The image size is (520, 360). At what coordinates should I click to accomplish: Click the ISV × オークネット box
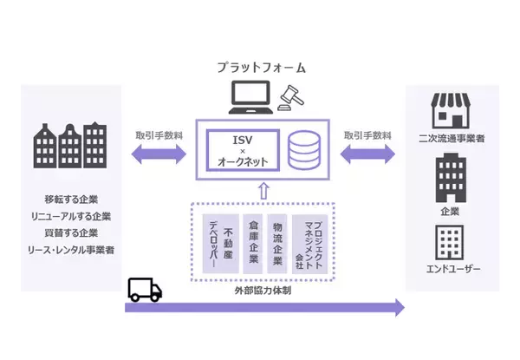coord(244,149)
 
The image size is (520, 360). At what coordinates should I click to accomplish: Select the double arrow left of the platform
coord(158,156)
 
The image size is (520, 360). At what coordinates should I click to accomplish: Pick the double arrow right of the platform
coord(367,156)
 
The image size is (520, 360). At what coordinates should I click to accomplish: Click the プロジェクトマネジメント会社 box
coord(310,244)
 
